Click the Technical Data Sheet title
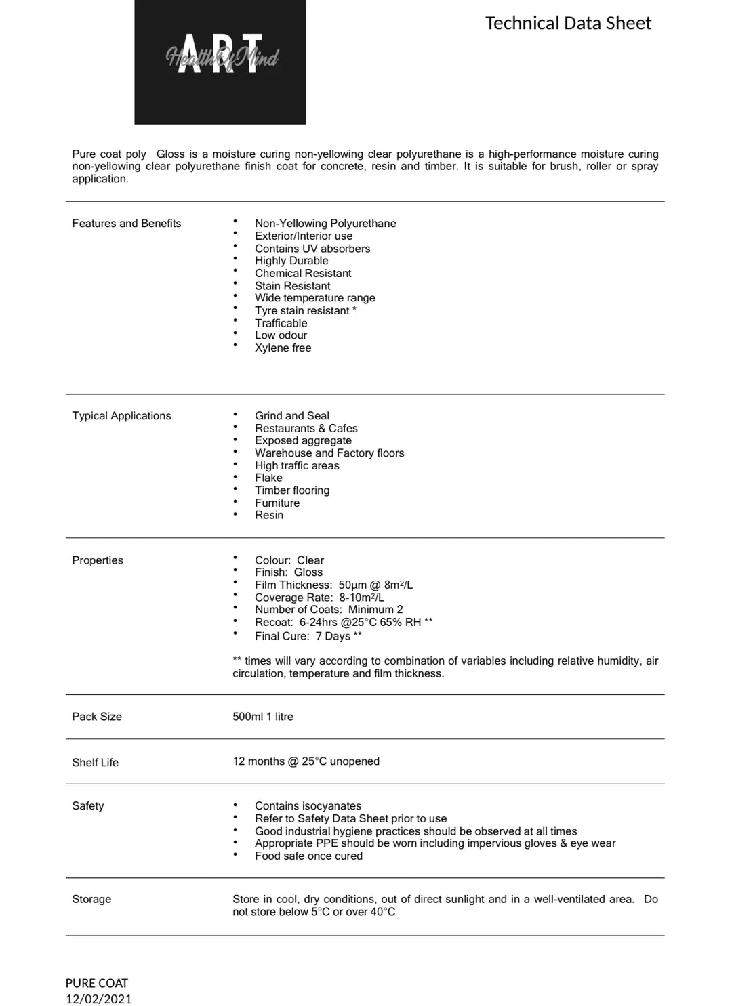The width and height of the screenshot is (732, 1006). [568, 24]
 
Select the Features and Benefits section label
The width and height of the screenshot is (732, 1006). [127, 224]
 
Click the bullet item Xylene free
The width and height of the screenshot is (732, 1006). [283, 348]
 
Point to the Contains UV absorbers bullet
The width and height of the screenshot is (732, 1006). [312, 249]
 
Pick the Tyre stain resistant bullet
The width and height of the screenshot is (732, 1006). [305, 311]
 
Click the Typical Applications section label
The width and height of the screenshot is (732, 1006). [121, 416]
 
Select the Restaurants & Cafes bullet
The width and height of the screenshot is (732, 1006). [306, 429]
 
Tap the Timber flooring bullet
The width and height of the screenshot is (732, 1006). [292, 490]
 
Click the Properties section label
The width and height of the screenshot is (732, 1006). [98, 560]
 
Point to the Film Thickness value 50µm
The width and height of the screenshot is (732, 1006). [352, 585]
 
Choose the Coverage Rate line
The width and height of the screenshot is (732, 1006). [319, 598]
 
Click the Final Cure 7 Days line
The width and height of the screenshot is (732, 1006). [308, 636]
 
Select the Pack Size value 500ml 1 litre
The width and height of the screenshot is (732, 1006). [263, 717]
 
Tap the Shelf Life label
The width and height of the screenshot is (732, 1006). [96, 763]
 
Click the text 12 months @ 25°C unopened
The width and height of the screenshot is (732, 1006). [306, 761]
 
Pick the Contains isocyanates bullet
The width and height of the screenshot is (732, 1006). [308, 806]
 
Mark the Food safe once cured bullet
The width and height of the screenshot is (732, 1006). [308, 856]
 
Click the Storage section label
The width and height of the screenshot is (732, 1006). [91, 900]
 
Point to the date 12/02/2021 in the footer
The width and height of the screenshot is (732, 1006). [99, 999]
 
